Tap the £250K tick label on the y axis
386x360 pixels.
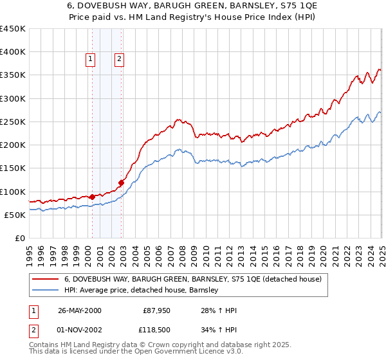click(x=12, y=122)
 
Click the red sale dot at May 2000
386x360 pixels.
click(x=92, y=197)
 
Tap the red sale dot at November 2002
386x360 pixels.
click(x=121, y=183)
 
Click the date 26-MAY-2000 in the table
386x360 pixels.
click(x=80, y=310)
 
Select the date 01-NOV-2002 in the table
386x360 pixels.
click(x=80, y=329)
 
